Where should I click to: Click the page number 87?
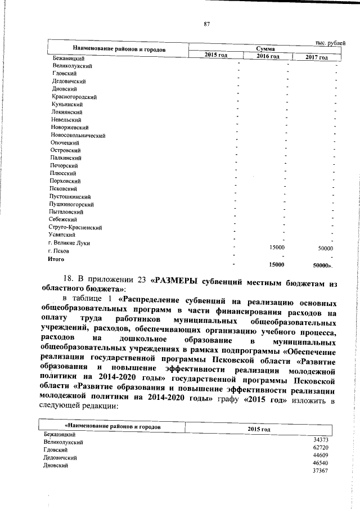206,24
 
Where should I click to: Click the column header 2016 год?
268,57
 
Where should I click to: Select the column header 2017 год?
317,58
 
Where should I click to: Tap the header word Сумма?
265,49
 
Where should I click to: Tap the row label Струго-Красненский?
75,228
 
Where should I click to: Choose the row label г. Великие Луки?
69,243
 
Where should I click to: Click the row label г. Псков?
58,251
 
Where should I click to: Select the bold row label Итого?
55,259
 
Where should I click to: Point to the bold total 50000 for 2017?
322,264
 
